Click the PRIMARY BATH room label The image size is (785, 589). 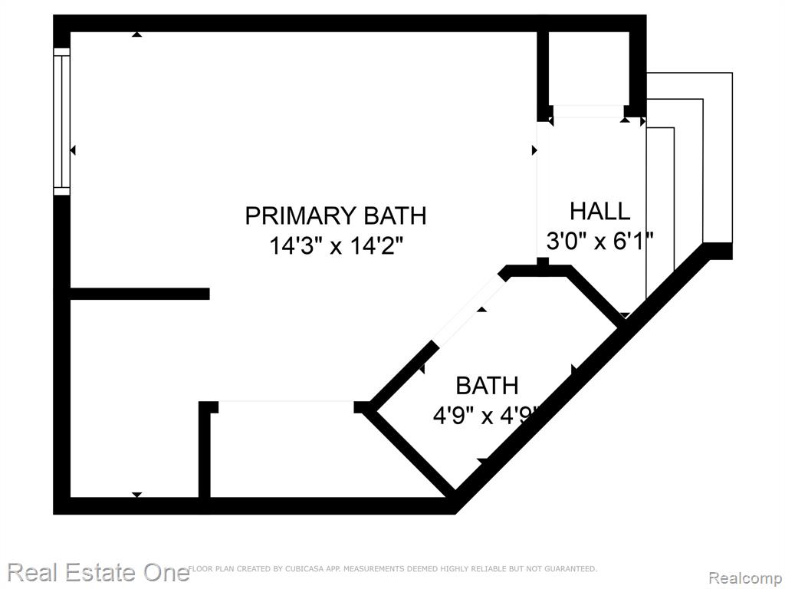click(336, 216)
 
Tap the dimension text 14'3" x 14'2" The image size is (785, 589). click(336, 246)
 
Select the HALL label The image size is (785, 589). click(599, 211)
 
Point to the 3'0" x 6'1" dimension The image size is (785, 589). click(599, 242)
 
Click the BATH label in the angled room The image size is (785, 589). click(487, 386)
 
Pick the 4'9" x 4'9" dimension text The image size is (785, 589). click(487, 416)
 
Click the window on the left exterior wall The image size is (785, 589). click(61, 121)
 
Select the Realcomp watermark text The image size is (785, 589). click(745, 578)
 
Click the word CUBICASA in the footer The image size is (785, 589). click(303, 569)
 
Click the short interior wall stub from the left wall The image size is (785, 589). click(140, 294)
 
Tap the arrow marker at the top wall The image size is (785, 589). click(136, 34)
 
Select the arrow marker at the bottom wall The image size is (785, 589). click(136, 495)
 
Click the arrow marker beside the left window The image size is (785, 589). click(73, 150)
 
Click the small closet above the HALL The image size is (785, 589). click(588, 68)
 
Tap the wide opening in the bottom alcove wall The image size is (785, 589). click(286, 401)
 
